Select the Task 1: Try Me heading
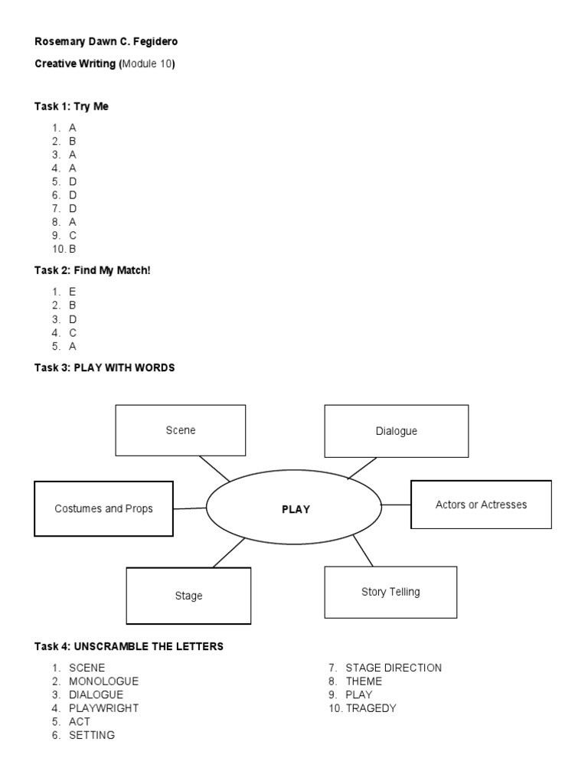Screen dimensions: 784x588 [72, 106]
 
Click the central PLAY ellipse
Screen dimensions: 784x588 [294, 509]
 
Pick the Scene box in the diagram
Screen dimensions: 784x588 [181, 430]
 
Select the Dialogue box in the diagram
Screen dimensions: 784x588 [396, 431]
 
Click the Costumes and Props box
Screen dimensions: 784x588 [103, 508]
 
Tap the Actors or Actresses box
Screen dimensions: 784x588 [481, 505]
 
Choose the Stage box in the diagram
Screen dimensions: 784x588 [188, 596]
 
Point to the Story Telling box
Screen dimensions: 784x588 [390, 592]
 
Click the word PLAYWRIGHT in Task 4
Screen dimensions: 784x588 [103, 708]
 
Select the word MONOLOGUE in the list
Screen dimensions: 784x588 [103, 681]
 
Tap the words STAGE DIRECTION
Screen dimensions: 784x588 [394, 668]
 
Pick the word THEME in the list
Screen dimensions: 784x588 [364, 681]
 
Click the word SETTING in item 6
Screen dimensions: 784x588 [92, 735]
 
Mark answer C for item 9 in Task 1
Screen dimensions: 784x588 [73, 235]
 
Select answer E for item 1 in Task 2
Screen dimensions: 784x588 [73, 292]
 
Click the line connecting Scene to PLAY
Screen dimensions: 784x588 [214, 469]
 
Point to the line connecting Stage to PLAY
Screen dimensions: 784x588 [229, 552]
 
